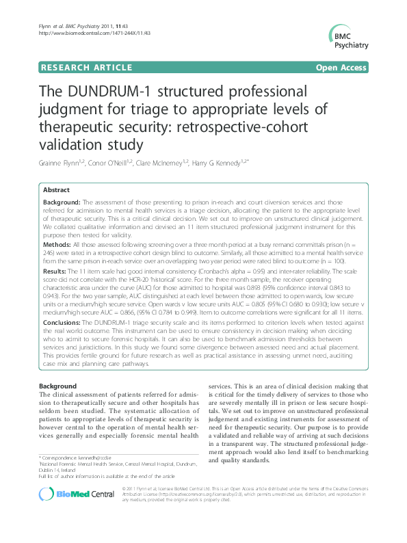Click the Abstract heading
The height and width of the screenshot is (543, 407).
pyautogui.click(x=56, y=189)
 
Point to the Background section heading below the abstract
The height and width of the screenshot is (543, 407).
pyautogui.click(x=57, y=387)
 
